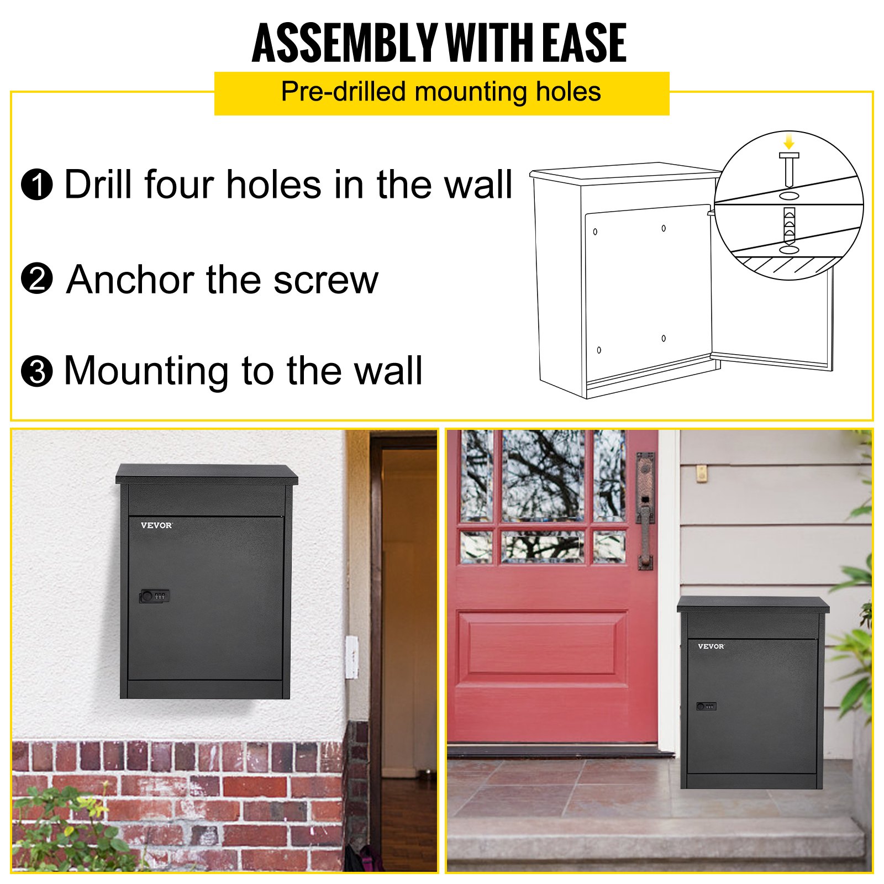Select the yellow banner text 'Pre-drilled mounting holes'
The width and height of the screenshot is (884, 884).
[x=441, y=92]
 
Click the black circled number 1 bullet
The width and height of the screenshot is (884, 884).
[x=36, y=185]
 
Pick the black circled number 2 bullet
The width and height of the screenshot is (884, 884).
[x=36, y=279]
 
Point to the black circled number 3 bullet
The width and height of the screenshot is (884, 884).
[x=36, y=371]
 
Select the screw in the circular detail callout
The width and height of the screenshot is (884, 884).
[x=789, y=169]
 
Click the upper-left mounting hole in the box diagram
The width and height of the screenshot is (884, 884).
[x=595, y=231]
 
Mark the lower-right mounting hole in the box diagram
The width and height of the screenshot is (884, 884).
[x=664, y=338]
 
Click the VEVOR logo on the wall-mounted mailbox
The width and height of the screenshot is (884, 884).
[x=156, y=525]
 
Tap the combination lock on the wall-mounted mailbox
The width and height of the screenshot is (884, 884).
[x=154, y=596]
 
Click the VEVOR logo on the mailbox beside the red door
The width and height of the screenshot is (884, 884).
[x=711, y=646]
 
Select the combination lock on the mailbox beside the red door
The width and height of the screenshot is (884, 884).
[x=706, y=706]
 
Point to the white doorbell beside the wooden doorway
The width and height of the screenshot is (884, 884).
[x=351, y=656]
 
